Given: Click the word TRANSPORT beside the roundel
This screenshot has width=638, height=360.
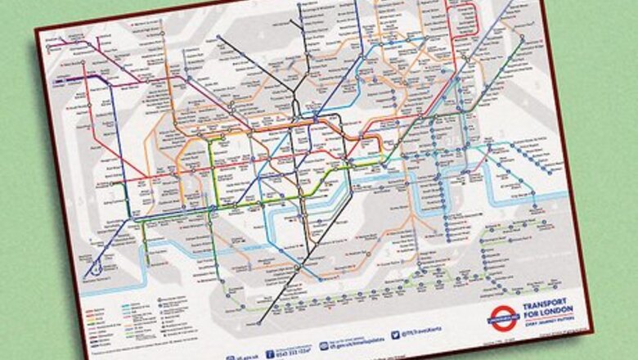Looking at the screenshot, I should point(546,301).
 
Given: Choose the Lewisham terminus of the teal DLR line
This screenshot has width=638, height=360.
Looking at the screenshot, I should point(446,237).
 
